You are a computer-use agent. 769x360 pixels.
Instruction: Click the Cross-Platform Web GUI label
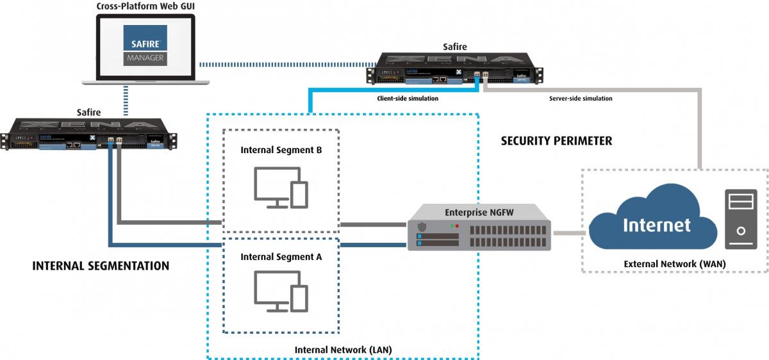[x=145, y=6]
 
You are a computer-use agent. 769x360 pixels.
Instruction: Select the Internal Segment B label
[x=281, y=150]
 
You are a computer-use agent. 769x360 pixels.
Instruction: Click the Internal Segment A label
[x=281, y=256]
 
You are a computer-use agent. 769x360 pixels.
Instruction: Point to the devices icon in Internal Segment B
[x=281, y=188]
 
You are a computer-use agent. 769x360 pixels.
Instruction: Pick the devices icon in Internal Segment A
[x=281, y=291]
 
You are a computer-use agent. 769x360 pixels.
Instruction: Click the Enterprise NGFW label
[x=479, y=211]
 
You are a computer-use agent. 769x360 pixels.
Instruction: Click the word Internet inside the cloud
[x=657, y=225]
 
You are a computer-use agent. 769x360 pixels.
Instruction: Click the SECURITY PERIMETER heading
[x=556, y=141]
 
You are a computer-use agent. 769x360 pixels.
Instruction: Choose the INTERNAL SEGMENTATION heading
[x=101, y=265]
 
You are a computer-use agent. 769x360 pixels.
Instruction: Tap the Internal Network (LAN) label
[x=343, y=350]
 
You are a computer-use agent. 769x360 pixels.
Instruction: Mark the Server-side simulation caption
[x=581, y=99]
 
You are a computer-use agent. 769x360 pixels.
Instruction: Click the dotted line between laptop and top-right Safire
[x=285, y=64]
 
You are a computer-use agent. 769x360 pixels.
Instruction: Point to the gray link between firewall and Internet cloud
[x=569, y=233]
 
